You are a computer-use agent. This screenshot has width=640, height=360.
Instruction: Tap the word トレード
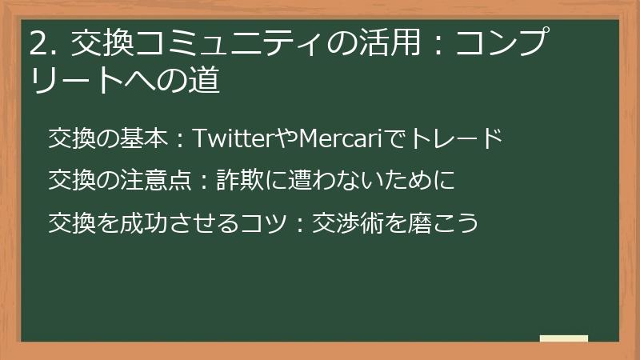point(455,138)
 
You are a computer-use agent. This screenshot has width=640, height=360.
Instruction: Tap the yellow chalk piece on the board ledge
point(564,338)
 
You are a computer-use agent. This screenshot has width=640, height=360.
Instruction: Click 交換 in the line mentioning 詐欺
point(71,180)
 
